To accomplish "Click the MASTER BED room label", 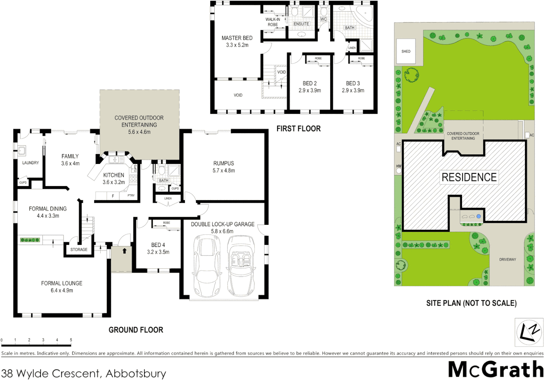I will point(237,38).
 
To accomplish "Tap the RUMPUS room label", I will point(223,163).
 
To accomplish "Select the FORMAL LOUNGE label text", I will point(62,283).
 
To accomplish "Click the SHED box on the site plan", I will point(406,51).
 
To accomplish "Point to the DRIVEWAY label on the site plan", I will point(507,260).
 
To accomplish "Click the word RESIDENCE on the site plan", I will point(469,177).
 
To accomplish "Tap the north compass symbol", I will point(529,332).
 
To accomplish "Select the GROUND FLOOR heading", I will point(136,330).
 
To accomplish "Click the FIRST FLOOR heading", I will point(298,129).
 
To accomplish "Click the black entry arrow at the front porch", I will point(124,251).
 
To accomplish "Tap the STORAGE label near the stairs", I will point(79,249).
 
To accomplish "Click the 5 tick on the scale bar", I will point(71,340).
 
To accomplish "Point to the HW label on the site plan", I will point(398,166).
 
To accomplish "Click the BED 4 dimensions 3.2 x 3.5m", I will point(158,252).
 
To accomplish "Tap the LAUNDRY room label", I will point(31,163).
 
